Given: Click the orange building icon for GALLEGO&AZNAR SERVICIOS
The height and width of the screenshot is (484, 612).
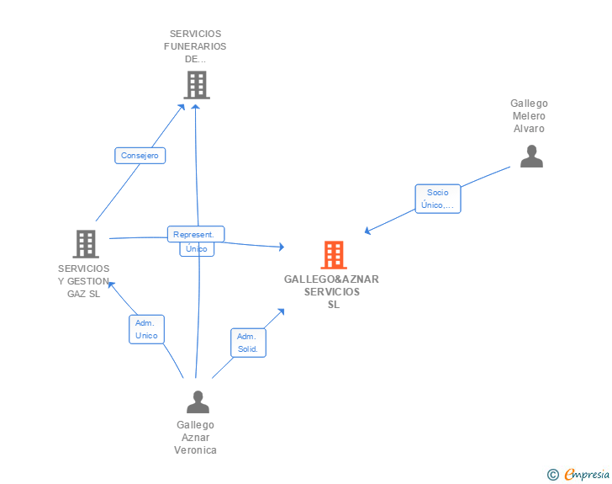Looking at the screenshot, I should coord(334,255).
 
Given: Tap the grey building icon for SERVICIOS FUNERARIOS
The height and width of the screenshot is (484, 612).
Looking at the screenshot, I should coord(197,85).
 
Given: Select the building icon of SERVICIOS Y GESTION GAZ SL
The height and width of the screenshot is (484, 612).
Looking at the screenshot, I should coord(86,244).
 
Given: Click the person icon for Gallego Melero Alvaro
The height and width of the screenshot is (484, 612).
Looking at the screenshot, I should coord(531,157).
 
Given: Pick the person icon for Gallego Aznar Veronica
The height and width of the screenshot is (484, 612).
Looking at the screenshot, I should coord(198,402).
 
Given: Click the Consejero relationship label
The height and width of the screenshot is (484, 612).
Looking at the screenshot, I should coord(140,156).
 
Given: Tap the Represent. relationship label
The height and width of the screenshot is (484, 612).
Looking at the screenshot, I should coord(196,235).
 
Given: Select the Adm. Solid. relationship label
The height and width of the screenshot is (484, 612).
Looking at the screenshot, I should coord(247,343).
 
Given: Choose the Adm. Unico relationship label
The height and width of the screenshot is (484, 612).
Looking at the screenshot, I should coord(146,329).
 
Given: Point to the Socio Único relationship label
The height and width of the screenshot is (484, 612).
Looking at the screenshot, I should coord(438,199).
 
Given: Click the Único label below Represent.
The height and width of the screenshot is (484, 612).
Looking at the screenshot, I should coord(196,249).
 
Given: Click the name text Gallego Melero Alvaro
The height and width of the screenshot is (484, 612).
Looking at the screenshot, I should coord(529,116).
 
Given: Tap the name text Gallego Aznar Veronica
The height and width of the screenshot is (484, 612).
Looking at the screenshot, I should coord(196,438).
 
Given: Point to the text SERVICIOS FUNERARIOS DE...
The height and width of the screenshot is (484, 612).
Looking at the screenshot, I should coord(195,47).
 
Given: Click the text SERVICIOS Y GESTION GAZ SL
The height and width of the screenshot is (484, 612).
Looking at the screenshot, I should coord(83,281).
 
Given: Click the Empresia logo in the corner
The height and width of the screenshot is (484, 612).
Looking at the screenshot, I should coord(587,474).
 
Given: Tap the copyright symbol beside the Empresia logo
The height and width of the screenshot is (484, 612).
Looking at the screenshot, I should coord(553,475).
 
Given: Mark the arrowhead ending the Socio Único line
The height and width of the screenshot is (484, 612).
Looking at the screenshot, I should coord(367,231).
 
